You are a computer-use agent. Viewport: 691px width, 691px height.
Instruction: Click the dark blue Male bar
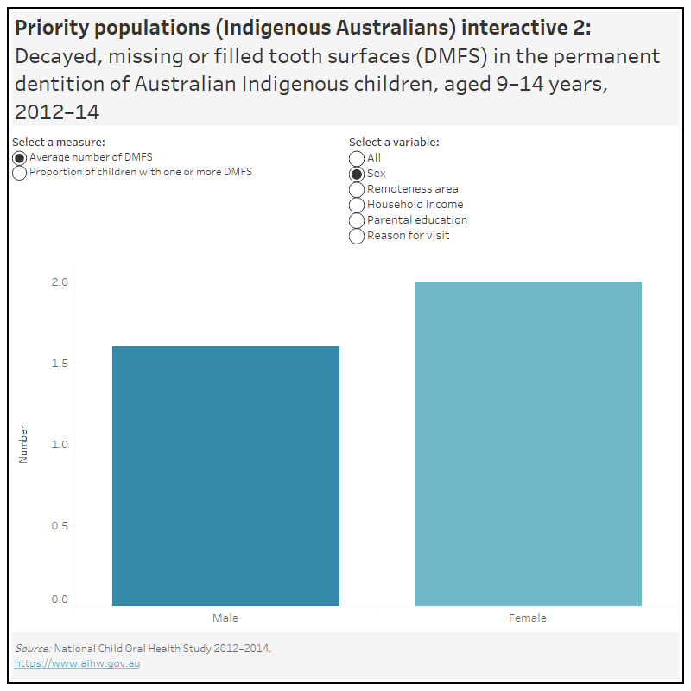(225, 476)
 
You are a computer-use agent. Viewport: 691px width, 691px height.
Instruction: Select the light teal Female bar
(528, 444)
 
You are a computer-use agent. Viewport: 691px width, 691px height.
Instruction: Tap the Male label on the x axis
(225, 618)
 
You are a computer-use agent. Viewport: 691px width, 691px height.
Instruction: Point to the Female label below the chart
(528, 618)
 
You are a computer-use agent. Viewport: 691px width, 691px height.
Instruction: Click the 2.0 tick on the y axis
(60, 282)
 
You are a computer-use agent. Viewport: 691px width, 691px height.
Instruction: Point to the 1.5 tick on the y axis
(60, 364)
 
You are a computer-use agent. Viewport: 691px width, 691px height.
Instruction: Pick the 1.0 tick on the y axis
(60, 444)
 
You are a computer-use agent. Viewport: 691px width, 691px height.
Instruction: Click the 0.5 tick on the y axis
(60, 525)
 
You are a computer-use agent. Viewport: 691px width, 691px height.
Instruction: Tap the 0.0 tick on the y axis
(60, 599)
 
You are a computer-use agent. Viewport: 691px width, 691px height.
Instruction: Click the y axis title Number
(23, 444)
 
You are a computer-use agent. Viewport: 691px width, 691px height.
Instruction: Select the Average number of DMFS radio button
(20, 158)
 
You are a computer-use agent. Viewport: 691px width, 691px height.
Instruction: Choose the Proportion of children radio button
(20, 173)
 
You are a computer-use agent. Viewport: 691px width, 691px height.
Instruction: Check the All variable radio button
(357, 158)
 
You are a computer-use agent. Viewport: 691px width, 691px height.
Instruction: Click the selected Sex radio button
(357, 174)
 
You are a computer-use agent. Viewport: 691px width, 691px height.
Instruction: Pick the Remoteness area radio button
(357, 189)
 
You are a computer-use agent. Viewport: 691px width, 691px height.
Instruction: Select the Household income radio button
(357, 205)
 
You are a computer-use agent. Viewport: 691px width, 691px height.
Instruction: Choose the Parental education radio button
(357, 220)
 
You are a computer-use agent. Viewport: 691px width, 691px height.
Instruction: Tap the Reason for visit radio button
(357, 236)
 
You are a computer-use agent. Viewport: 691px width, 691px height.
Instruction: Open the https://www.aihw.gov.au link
(77, 663)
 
